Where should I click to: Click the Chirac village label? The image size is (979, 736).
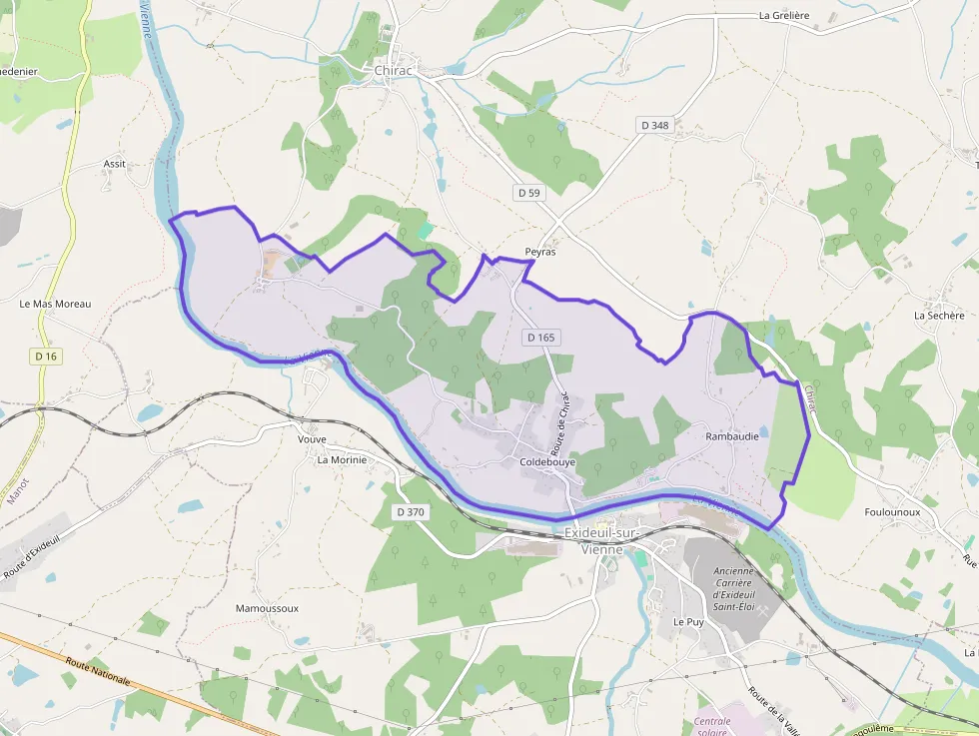coord(394,71)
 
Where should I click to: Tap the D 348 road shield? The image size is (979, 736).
coord(654,125)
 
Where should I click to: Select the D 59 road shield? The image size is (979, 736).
coord(528,192)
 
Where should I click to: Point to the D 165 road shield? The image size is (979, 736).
coord(539,338)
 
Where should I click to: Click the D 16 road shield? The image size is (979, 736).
coord(46,356)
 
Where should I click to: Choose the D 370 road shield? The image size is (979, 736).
coord(410,512)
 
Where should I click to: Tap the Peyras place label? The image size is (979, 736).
coord(539,253)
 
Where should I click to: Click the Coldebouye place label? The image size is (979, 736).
coord(547,462)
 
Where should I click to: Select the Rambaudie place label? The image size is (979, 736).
coord(732,436)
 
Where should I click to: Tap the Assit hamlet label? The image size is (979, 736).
coord(115,164)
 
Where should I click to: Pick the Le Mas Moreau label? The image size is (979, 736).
coord(55,304)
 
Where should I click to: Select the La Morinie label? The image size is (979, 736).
coord(342,460)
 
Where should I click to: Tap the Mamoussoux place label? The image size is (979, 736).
coord(267,608)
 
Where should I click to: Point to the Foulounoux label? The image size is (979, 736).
coord(892,511)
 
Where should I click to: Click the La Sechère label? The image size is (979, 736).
coord(939,315)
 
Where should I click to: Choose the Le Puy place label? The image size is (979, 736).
coord(688,621)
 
